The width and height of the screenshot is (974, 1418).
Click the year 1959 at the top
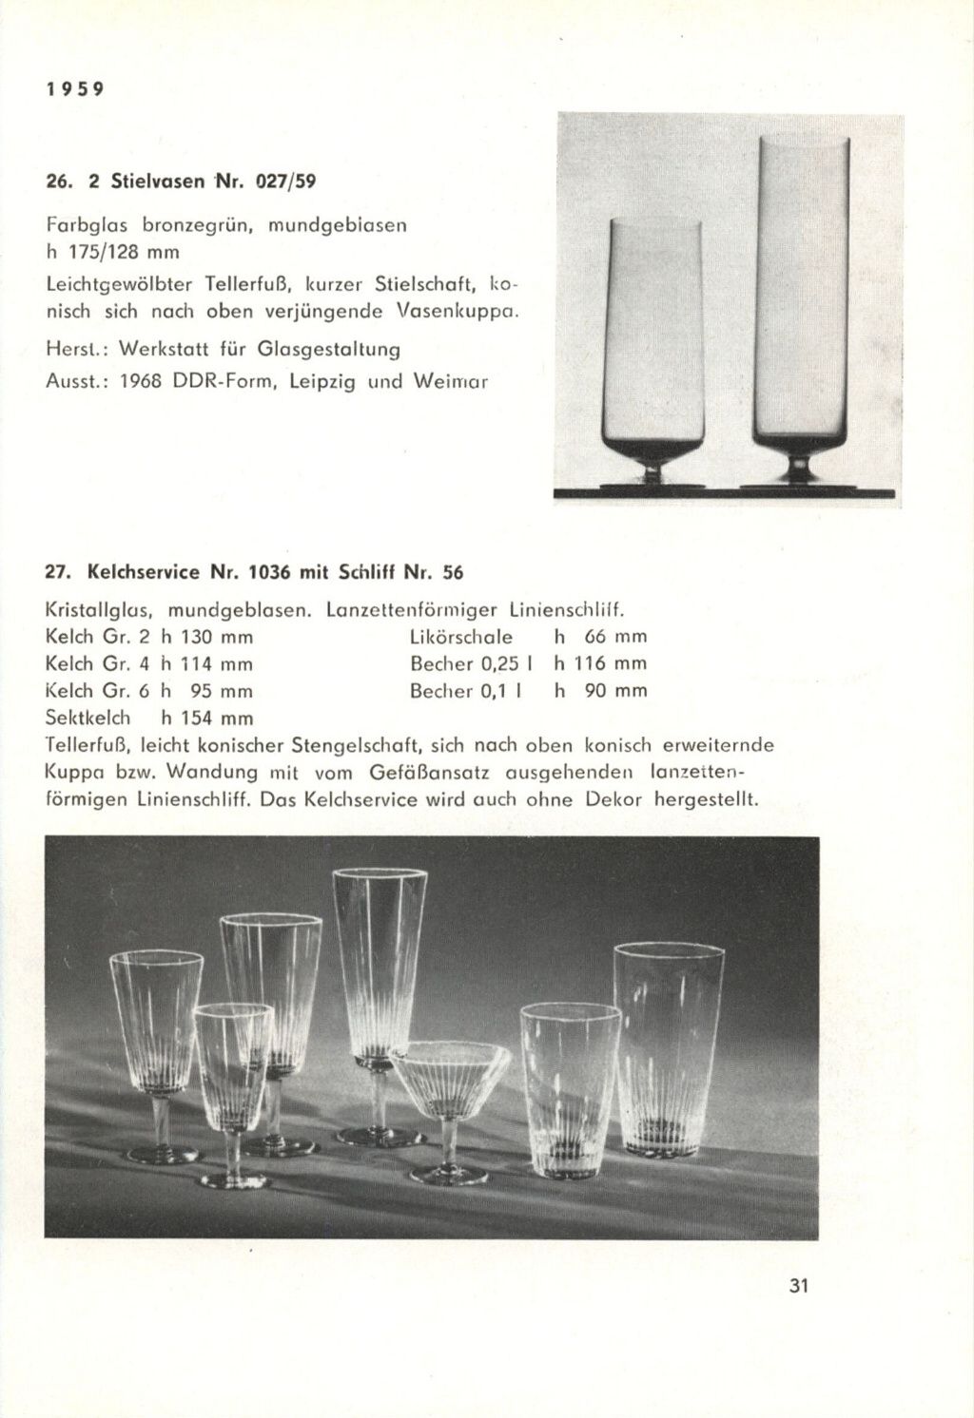tap(73, 89)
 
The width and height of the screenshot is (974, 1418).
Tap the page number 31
tap(797, 1287)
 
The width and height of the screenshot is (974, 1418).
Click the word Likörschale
tap(461, 636)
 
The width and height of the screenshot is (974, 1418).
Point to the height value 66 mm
tap(615, 636)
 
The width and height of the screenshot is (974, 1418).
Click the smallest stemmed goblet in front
tap(233, 1074)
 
